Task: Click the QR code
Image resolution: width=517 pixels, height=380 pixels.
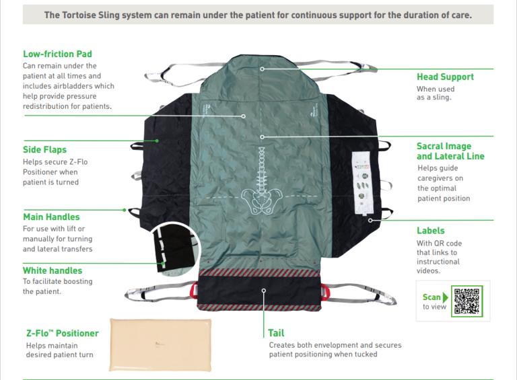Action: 467,301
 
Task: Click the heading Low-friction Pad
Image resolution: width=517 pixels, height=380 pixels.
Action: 57,54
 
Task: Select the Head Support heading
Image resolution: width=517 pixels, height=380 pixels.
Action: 445,77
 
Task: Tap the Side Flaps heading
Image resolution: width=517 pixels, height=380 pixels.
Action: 44,149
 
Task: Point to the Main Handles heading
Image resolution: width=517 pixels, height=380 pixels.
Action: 51,217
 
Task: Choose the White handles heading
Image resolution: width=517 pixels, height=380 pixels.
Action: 53,270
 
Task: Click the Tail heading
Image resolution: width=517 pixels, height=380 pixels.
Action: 276,333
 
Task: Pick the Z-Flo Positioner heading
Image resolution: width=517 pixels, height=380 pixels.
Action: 62,333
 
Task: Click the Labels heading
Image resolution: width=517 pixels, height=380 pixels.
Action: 430,231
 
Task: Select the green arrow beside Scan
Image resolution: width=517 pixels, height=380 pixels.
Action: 446,297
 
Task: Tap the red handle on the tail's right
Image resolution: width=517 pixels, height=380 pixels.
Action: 328,291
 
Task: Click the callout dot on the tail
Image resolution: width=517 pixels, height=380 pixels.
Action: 264,291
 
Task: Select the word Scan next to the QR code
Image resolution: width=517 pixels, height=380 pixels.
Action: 432,297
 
